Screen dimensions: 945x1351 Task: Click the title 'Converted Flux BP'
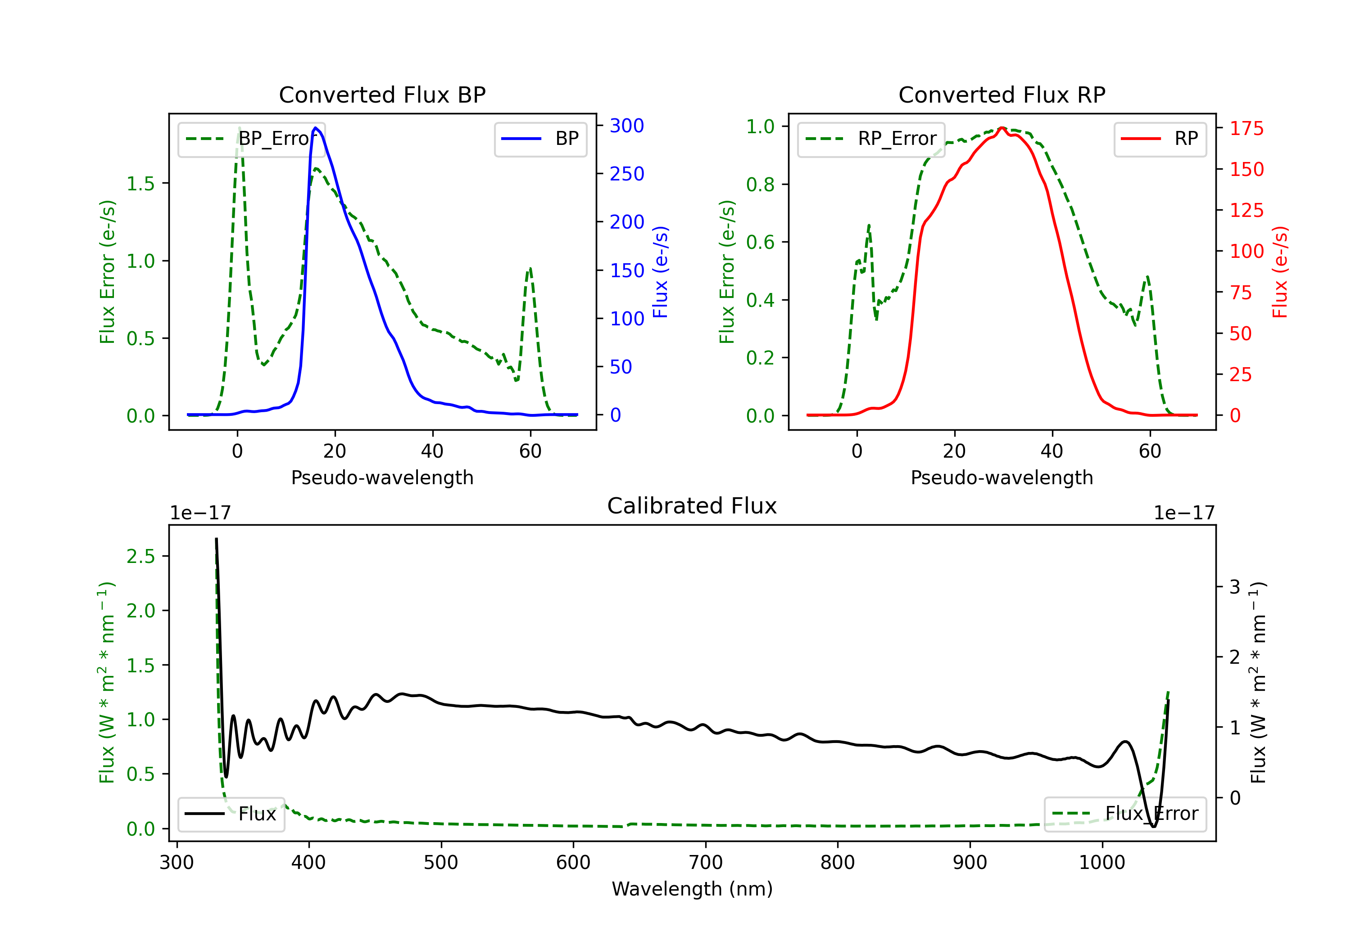[382, 94]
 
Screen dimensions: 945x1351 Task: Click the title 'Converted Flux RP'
[1002, 94]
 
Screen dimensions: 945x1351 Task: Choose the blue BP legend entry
[540, 139]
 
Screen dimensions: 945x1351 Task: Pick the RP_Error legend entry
[871, 139]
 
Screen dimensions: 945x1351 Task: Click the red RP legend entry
[1159, 139]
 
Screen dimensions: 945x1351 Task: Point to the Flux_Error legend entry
[1124, 814]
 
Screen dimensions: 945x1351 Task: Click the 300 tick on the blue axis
[627, 125]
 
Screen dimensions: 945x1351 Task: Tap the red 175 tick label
[1246, 128]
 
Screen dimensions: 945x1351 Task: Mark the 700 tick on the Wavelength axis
[706, 863]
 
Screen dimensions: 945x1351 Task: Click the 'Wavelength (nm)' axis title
[692, 889]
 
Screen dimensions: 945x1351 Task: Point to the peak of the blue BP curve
[316, 128]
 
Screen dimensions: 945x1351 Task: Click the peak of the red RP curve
[1002, 128]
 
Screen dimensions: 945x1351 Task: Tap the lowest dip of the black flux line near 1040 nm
[1153, 826]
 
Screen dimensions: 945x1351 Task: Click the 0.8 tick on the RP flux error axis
[760, 184]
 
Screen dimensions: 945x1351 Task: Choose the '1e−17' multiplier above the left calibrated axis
[200, 513]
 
